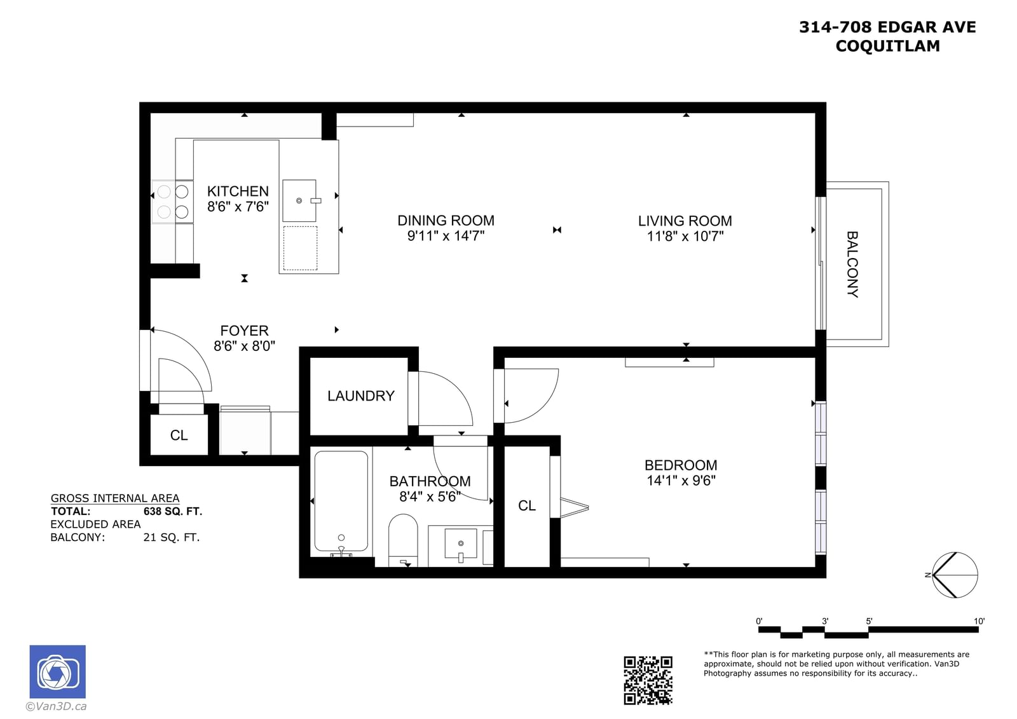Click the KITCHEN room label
238,191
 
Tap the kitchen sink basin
299,200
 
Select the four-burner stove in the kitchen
172,202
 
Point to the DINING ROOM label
446,221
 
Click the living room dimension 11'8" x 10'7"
685,236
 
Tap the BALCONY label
852,264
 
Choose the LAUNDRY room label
361,395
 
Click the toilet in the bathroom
403,540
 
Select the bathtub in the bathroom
341,503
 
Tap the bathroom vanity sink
461,544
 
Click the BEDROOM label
681,465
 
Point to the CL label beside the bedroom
527,505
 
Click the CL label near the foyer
179,435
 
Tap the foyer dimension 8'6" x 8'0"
244,346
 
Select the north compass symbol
954,575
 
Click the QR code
648,680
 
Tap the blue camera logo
58,671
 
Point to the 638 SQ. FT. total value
172,511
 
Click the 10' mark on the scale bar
979,621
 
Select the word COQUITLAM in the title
887,46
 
